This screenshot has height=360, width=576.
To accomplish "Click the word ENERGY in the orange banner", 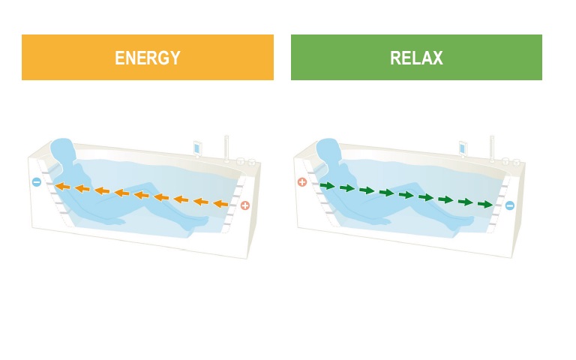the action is click(148, 58).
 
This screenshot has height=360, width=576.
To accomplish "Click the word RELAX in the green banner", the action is click(416, 58).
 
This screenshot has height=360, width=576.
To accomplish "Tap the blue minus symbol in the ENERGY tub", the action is click(36, 181).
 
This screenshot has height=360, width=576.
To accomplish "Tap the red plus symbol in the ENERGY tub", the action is click(245, 205).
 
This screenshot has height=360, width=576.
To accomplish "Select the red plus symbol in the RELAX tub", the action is click(302, 181).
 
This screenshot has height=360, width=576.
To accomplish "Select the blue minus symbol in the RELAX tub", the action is click(510, 205).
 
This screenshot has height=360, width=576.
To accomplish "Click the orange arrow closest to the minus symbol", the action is click(62, 186).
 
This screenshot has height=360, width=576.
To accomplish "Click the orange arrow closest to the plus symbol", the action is click(220, 203).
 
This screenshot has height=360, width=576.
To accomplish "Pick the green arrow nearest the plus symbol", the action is click(328, 186).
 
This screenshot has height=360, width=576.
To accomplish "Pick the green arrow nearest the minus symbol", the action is click(485, 204).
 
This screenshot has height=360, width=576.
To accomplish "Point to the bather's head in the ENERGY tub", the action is click(62, 151).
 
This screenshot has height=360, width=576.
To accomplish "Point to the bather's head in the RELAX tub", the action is click(328, 151).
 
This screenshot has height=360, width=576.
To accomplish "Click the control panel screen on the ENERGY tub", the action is click(196, 148).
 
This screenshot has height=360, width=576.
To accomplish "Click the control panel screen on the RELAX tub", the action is click(463, 148).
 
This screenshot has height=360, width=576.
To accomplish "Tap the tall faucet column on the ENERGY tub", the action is click(226, 148).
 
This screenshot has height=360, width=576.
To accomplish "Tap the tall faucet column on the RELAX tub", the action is click(492, 148).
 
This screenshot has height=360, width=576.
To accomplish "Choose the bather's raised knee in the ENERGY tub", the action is click(148, 186).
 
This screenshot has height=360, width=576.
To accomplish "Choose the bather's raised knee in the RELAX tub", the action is click(414, 186).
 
